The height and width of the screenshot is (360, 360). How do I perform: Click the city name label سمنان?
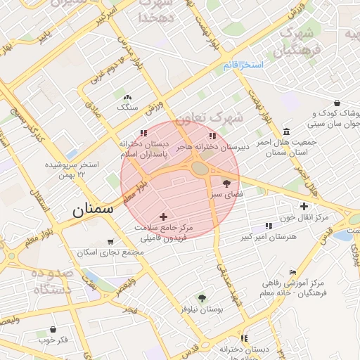tap(92, 209)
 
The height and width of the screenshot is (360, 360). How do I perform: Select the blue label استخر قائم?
tap(243, 65)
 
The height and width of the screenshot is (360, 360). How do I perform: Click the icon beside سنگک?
tap(127, 98)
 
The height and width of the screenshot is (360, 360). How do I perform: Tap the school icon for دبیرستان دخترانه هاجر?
tap(212, 136)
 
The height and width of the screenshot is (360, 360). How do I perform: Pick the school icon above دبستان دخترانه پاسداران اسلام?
tap(144, 132)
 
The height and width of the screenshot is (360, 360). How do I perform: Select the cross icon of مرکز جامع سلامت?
tap(165, 217)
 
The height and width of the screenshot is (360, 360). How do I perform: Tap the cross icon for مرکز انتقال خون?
tap(304, 206)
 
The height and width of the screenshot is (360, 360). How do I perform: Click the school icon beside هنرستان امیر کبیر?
tap(269, 226)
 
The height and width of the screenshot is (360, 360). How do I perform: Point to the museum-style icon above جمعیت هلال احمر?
tap(286, 131)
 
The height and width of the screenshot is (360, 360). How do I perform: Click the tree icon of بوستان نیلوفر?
tap(202, 298)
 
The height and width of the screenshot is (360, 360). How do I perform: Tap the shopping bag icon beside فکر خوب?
tap(53, 329)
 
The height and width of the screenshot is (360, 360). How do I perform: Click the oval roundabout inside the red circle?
tap(200, 169)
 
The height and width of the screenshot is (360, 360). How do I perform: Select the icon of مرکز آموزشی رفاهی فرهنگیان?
tap(295, 272)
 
